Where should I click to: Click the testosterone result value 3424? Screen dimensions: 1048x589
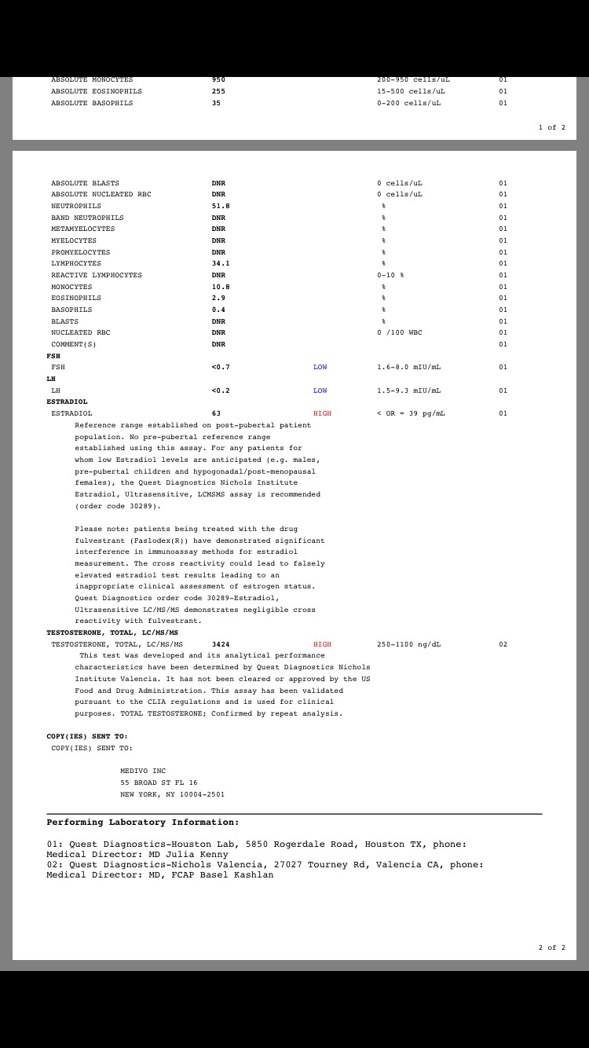221,644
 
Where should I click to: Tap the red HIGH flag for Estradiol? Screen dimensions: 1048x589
322,413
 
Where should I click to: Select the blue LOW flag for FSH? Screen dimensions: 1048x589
320,367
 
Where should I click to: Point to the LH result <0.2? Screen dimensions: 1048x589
221,390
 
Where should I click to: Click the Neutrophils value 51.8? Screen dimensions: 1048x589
221,206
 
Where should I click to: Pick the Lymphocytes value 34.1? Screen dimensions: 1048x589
221,263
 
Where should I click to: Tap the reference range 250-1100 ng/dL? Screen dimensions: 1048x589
408,644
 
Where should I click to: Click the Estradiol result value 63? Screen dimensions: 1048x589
216,413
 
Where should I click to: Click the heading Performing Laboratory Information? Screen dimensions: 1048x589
142,823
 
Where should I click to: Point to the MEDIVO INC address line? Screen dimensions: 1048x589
143,771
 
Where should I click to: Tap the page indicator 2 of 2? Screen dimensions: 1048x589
551,947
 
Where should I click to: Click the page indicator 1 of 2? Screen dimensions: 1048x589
551,127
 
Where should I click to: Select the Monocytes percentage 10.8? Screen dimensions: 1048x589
221,287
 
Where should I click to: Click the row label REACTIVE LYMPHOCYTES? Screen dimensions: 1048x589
97,275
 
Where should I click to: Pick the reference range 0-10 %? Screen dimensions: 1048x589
390,275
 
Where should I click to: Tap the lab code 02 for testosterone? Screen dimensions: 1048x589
503,644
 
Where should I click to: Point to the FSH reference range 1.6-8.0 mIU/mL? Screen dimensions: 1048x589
408,367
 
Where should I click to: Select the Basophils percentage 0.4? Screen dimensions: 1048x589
218,310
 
